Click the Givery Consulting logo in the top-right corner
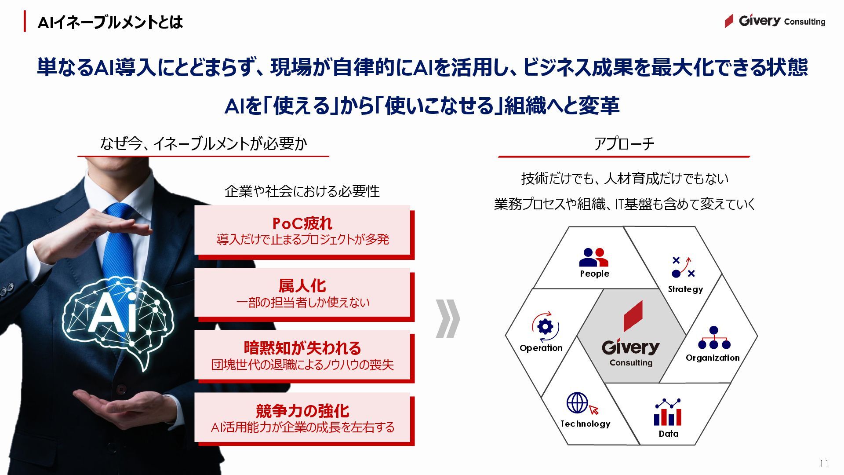(x=775, y=21)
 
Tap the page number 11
(x=824, y=463)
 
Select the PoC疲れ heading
(x=302, y=223)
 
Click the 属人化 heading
(x=302, y=286)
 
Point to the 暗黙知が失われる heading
(x=302, y=348)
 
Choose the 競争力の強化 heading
(x=302, y=411)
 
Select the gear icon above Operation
(x=545, y=327)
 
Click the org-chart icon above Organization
(x=714, y=338)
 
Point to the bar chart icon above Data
(x=668, y=413)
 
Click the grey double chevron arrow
(x=447, y=318)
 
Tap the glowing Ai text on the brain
(x=114, y=313)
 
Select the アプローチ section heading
(x=624, y=144)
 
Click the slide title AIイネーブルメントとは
(x=110, y=22)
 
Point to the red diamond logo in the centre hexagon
(x=633, y=316)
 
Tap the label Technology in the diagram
(x=585, y=424)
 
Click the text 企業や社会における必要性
(x=302, y=191)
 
